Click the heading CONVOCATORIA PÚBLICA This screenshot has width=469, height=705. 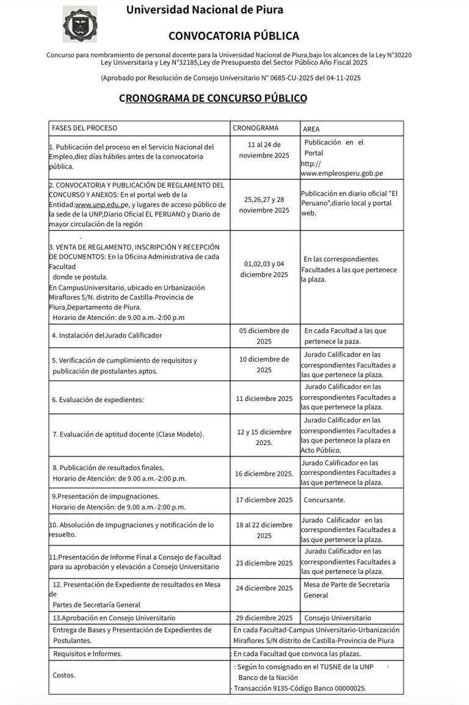click(234, 36)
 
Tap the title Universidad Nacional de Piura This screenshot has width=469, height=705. click(205, 10)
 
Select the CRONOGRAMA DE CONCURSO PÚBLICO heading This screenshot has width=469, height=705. click(213, 98)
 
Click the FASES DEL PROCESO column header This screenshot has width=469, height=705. click(84, 128)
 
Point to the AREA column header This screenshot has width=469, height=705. click(311, 129)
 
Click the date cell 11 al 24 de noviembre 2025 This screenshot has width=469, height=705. click(264, 151)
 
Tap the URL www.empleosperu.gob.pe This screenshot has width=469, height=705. click(342, 173)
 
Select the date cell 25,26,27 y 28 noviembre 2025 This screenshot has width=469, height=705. click(264, 204)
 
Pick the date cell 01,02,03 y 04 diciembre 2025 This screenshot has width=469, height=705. click(264, 269)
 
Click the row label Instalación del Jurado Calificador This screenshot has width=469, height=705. click(107, 335)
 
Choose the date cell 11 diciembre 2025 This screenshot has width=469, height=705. click(264, 399)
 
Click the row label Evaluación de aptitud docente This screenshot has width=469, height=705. click(128, 434)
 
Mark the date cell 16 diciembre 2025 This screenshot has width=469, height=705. click(264, 473)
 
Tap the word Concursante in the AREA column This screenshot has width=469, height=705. click(324, 500)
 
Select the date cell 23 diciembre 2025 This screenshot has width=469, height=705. click(264, 563)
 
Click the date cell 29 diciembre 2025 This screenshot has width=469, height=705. click(264, 618)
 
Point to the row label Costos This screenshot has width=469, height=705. click(64, 676)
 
